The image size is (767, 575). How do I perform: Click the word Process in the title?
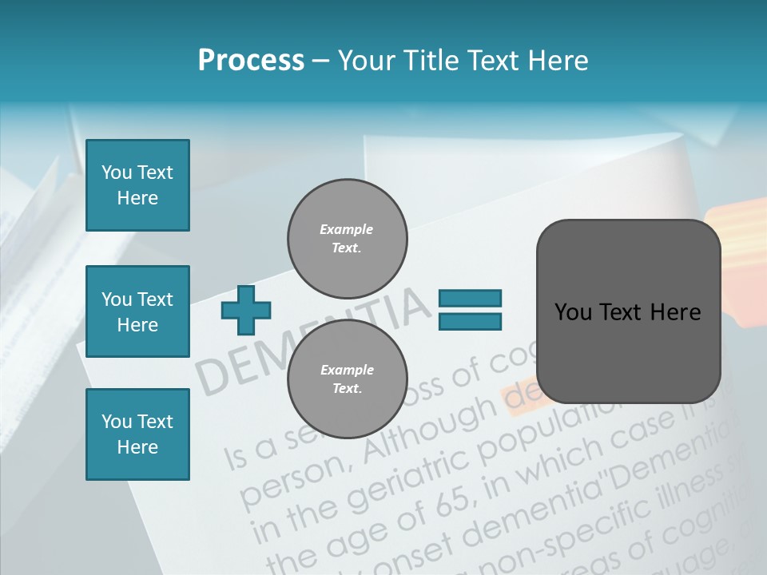click(x=251, y=61)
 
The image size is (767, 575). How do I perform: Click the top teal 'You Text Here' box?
click(x=137, y=185)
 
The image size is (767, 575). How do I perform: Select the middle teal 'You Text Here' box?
click(x=137, y=311)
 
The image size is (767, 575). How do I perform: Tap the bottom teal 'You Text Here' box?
click(x=137, y=434)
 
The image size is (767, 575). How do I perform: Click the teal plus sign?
click(x=246, y=310)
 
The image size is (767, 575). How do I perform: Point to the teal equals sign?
click(x=470, y=310)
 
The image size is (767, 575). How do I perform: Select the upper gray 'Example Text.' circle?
click(x=348, y=238)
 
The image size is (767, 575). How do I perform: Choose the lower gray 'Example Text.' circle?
click(x=348, y=379)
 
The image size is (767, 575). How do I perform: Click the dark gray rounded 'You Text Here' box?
click(x=628, y=311)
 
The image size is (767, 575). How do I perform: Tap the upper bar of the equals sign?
click(x=470, y=299)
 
